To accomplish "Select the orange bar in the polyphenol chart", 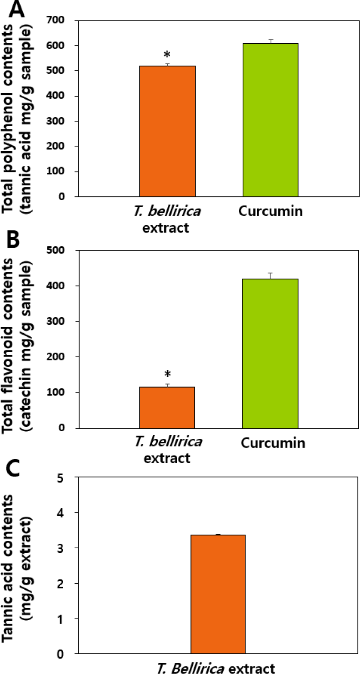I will pos(167,131).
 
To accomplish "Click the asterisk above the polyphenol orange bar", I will pos(167,55).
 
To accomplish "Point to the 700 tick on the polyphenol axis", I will pos(58,20).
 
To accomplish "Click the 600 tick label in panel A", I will pos(58,45).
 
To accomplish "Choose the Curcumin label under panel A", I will pos(271,211).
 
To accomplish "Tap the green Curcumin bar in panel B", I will pos(271,353).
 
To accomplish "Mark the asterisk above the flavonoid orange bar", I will pos(167,374).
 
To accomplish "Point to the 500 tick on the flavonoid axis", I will pos(58,250).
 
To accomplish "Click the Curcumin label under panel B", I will pos(273,443).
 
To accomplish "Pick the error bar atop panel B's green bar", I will pos(271,276).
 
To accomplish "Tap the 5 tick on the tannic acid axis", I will pos(61,478).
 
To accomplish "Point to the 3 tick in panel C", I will pos(61,548).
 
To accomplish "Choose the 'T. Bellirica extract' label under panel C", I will pos(216,668).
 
